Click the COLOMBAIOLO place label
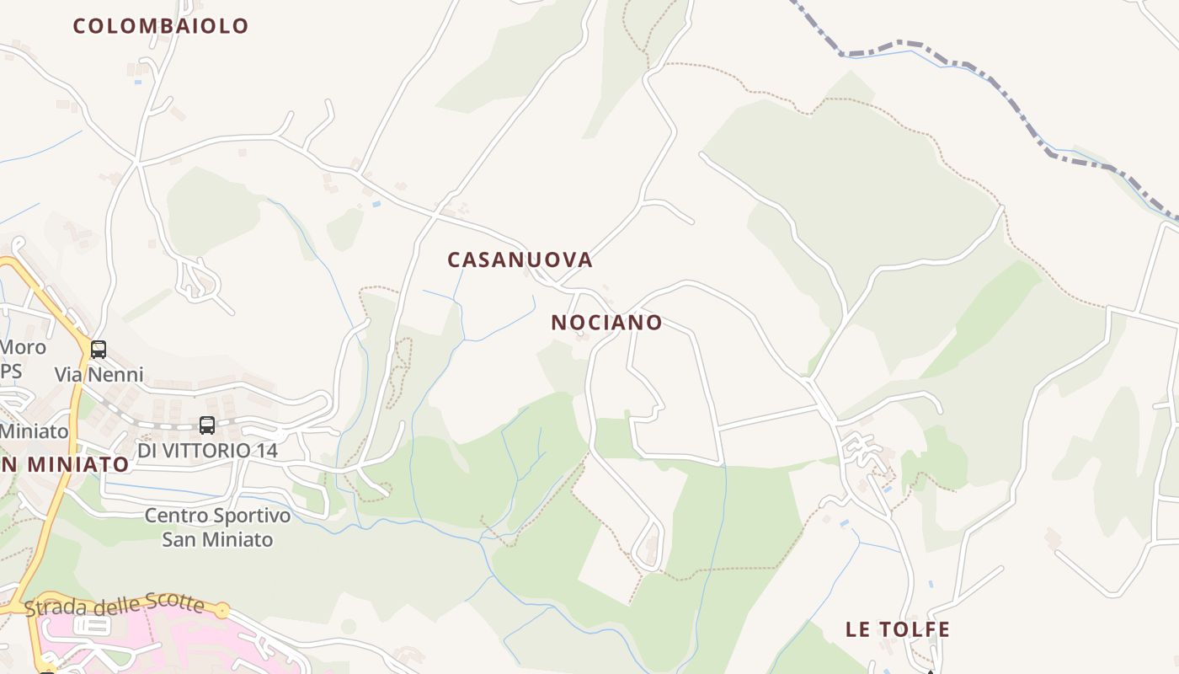(x=161, y=26)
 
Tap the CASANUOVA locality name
(x=520, y=259)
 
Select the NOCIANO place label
(x=606, y=323)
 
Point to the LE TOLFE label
(x=898, y=629)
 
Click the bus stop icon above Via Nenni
(x=99, y=349)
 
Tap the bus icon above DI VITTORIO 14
(x=207, y=425)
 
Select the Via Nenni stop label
(x=99, y=374)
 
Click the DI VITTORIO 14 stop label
(x=207, y=451)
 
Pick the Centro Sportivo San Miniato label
(x=217, y=527)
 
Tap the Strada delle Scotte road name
(x=115, y=605)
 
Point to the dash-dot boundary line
(x=1011, y=99)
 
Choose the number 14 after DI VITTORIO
(x=266, y=451)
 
